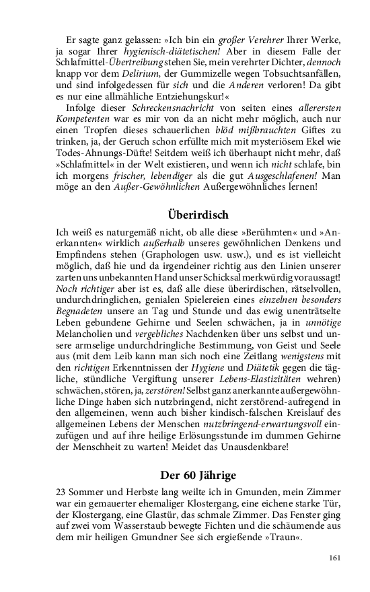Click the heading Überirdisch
click(x=198, y=215)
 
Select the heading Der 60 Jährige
click(x=198, y=457)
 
